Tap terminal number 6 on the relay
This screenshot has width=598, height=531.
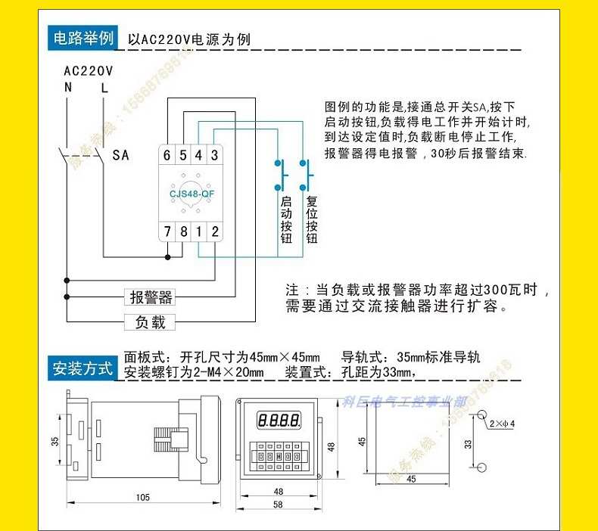(x=167, y=155)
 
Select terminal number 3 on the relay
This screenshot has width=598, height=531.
(x=215, y=155)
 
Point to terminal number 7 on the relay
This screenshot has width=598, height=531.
(x=167, y=231)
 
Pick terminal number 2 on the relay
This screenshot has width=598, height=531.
(x=215, y=231)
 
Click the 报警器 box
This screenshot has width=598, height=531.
(x=151, y=297)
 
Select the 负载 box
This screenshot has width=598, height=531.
(x=150, y=322)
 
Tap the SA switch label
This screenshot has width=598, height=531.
(x=120, y=156)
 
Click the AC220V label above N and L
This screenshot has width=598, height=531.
(x=88, y=71)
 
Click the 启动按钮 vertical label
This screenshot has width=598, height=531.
(x=286, y=220)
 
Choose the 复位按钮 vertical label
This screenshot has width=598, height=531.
(x=311, y=220)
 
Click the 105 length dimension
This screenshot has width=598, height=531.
(x=143, y=497)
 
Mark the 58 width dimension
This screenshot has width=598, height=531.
(x=279, y=504)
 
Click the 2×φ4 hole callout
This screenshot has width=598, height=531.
(x=502, y=422)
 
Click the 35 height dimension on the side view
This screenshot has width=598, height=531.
(x=55, y=441)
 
